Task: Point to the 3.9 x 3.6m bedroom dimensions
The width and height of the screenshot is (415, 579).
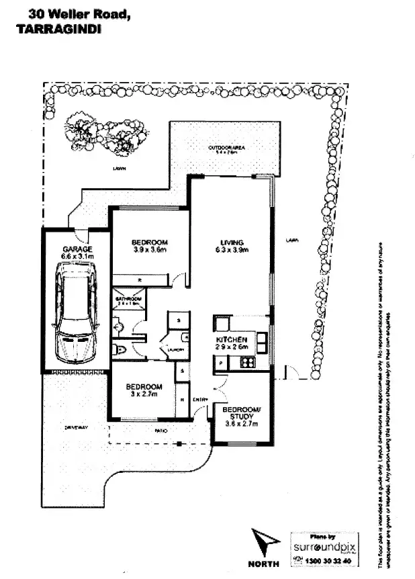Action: pos(149,250)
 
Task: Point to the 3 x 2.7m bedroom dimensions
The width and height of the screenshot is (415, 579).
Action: pos(144,394)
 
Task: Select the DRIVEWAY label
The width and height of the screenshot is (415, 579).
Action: pos(77,427)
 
